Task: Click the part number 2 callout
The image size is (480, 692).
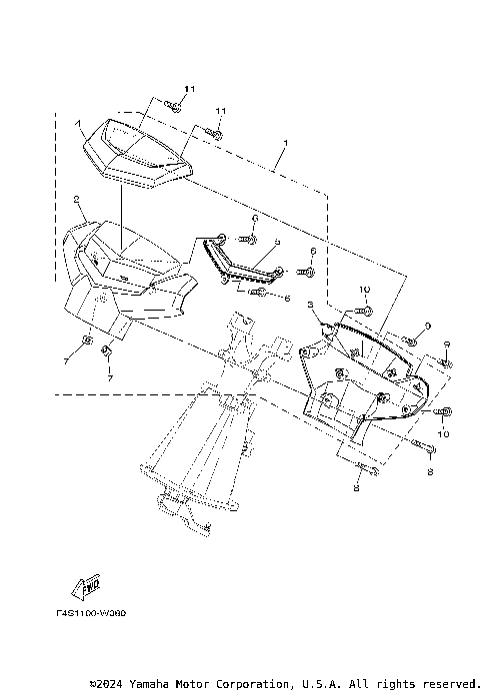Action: coord(77,199)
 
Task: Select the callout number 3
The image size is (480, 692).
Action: coord(311,304)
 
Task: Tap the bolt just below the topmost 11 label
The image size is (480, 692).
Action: coord(173,106)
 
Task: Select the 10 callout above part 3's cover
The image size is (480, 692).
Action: coord(364,289)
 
